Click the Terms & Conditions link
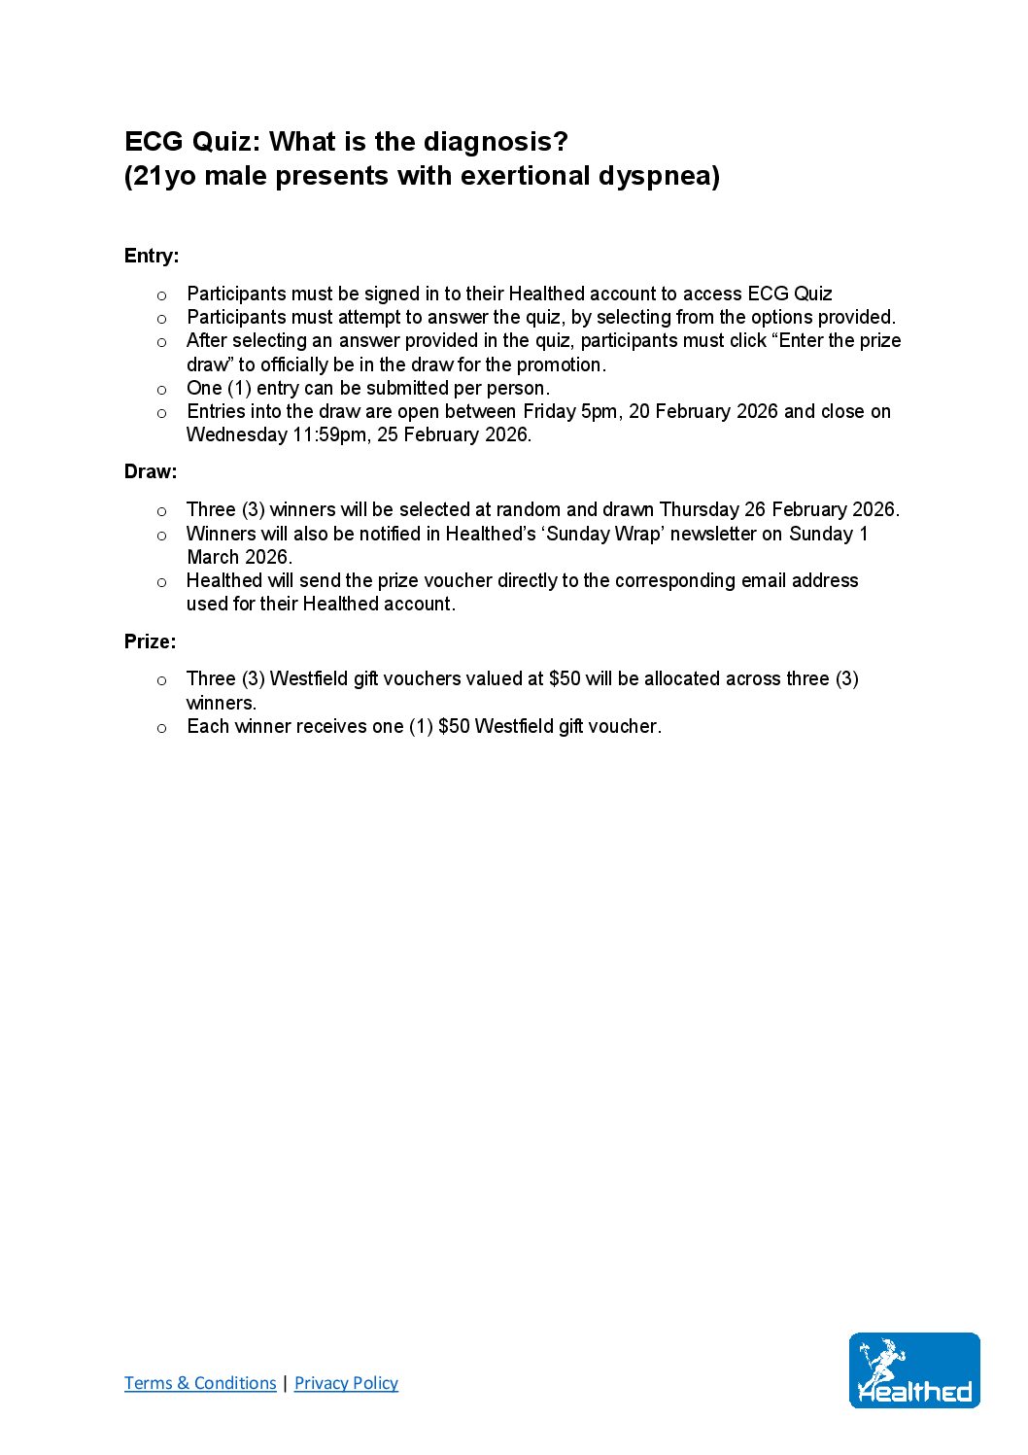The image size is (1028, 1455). (200, 1383)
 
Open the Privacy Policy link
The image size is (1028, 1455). (346, 1383)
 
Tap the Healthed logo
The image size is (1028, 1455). (914, 1370)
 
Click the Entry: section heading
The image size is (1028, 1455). (152, 256)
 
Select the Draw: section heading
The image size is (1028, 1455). (151, 471)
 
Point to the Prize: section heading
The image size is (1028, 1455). (151, 641)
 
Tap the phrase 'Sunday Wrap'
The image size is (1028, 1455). (602, 534)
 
